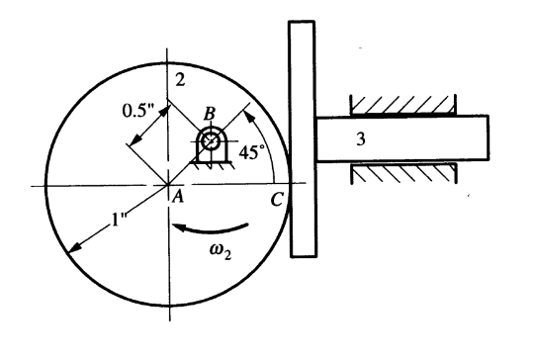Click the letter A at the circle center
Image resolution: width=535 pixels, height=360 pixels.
coord(180,196)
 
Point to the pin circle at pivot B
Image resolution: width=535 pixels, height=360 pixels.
coord(210,141)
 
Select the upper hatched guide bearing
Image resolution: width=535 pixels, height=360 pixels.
coord(400,104)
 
